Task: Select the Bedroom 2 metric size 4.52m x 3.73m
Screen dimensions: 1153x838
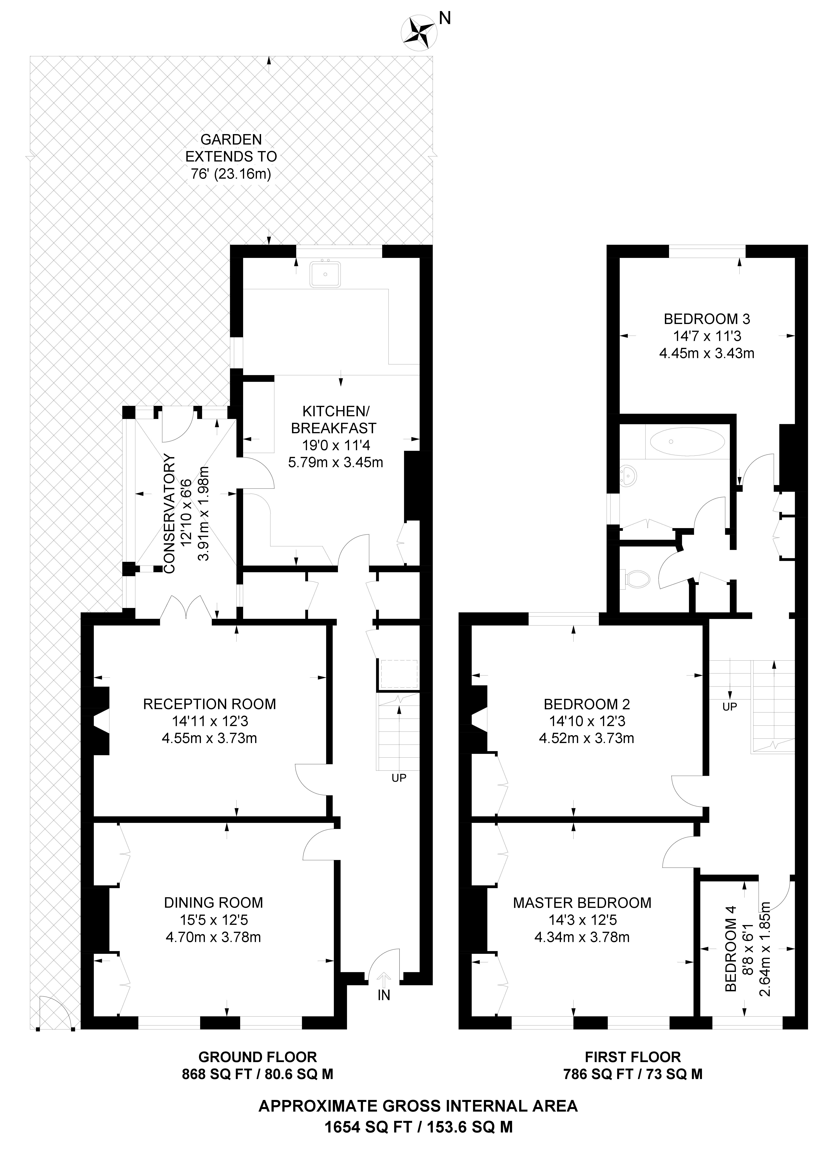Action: [x=586, y=738]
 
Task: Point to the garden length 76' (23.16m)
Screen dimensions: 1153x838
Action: [x=231, y=174]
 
